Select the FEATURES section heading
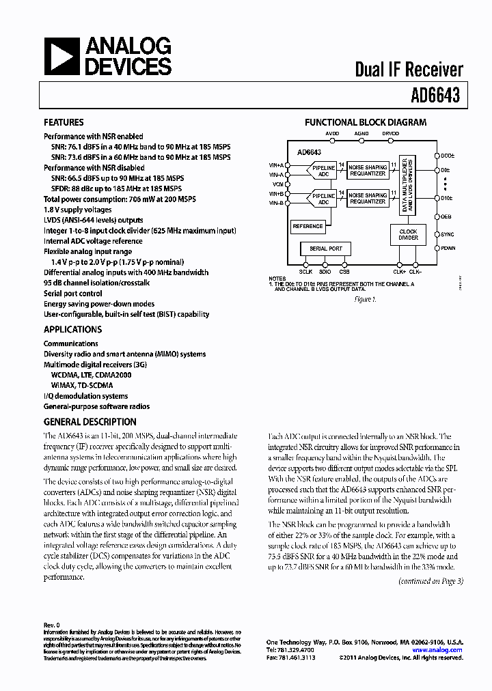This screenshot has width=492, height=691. pyautogui.click(x=64, y=123)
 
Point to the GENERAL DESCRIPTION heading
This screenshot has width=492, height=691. pyautogui.click(x=90, y=422)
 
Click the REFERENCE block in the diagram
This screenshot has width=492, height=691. pyautogui.click(x=307, y=226)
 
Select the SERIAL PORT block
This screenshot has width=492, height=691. pyautogui.click(x=326, y=249)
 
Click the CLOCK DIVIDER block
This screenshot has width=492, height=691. pyautogui.click(x=408, y=234)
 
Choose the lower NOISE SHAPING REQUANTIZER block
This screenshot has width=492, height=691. pyautogui.click(x=368, y=199)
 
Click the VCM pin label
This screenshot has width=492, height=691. pyautogui.click(x=277, y=184)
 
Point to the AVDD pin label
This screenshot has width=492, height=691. pyautogui.click(x=332, y=134)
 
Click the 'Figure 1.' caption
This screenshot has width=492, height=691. pyautogui.click(x=365, y=299)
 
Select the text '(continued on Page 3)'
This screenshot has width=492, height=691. pyautogui.click(x=430, y=581)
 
